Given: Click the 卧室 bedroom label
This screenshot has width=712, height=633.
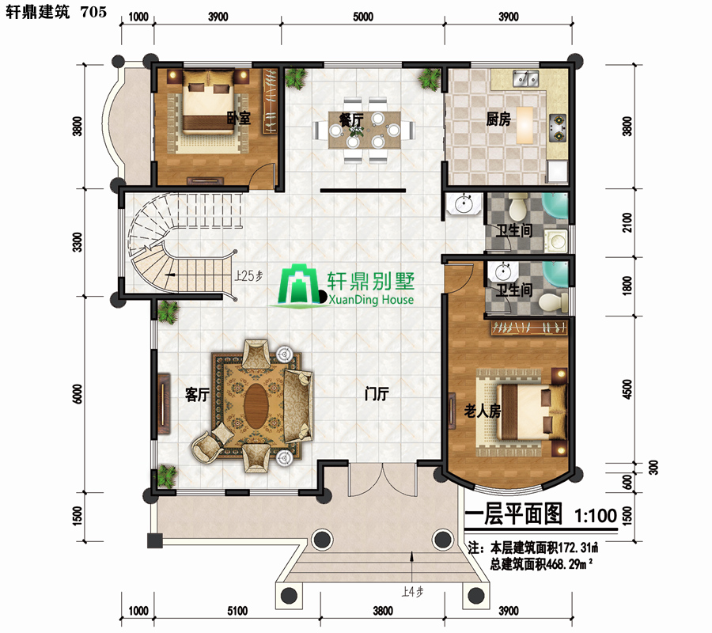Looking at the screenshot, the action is [238, 118].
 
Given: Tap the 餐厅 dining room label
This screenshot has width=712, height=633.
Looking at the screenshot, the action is [351, 120].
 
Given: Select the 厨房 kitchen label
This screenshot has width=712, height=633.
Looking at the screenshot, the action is [498, 119].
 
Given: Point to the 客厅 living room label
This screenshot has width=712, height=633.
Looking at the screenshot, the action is [197, 394].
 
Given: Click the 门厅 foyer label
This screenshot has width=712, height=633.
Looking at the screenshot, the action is [377, 393].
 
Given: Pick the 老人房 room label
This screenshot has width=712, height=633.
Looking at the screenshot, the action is [483, 411].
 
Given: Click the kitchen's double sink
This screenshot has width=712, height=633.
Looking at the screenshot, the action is [525, 78].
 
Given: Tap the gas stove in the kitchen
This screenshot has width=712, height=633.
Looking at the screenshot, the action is [558, 127].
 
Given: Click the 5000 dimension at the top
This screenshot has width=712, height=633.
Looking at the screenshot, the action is [363, 17].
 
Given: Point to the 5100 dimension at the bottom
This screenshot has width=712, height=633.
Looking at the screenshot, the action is [237, 611].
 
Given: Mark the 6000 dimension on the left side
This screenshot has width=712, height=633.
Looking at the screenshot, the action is [78, 394].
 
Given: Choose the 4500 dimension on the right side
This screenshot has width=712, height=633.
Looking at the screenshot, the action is [627, 389].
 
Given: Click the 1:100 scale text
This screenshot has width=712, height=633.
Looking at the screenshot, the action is [595, 515].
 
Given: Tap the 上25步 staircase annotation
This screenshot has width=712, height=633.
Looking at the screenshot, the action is [248, 275].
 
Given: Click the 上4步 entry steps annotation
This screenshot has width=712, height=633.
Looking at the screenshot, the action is [412, 592].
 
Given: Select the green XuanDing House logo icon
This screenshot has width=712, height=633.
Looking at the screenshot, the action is [299, 284].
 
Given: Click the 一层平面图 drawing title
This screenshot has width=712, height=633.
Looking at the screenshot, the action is [514, 514].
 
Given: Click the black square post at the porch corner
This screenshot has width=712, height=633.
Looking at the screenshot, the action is [155, 540].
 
